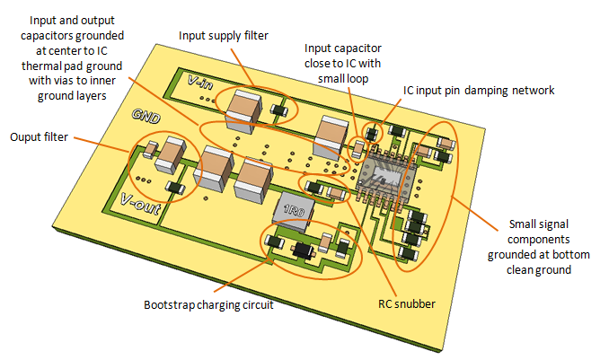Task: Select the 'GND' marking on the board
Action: click(146, 116)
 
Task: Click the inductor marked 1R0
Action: click(296, 212)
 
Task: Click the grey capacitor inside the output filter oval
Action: click(166, 159)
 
